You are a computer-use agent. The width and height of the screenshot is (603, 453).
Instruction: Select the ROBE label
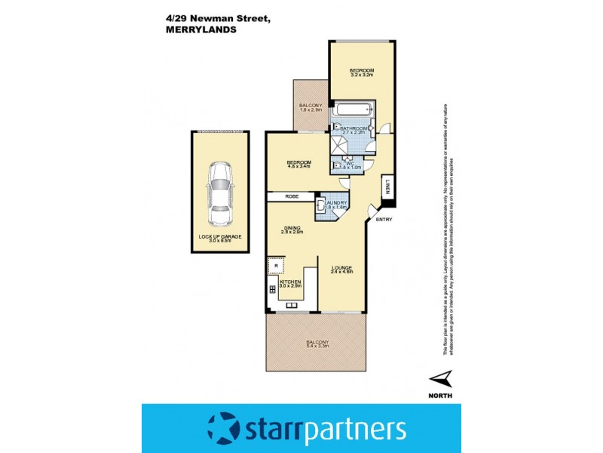pyautogui.click(x=292, y=196)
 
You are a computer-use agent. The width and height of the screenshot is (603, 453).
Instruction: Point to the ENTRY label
pyautogui.click(x=384, y=220)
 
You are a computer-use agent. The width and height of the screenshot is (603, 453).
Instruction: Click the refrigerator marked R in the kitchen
pyautogui.click(x=277, y=267)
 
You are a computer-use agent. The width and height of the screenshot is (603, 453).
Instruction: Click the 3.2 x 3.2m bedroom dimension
pyautogui.click(x=362, y=75)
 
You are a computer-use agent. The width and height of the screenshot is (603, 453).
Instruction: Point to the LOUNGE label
pyautogui.click(x=341, y=268)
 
